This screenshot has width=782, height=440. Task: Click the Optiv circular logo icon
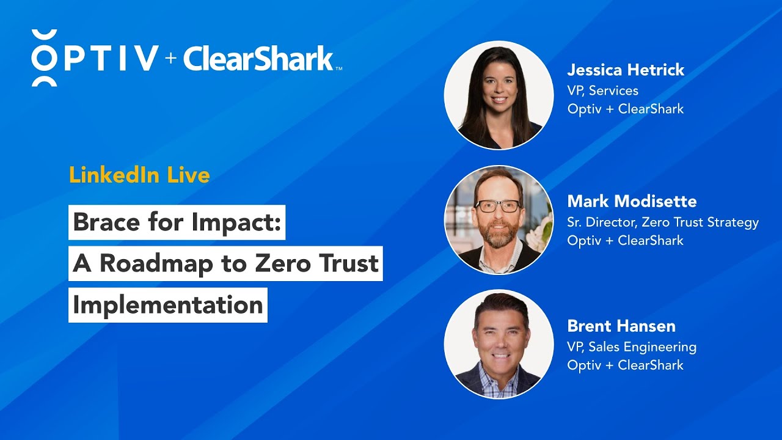pos(44,58)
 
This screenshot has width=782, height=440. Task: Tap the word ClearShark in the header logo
pos(258,59)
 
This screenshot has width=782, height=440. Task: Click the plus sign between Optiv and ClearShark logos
pos(170,58)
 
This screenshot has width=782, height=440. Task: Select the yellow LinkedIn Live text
pos(139,175)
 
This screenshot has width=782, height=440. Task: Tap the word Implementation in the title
pos(167,305)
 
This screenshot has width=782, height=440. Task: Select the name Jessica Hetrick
pos(626,70)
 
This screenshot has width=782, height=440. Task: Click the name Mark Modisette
pos(632,201)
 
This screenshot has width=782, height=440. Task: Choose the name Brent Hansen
pos(621,326)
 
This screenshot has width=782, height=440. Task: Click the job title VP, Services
pos(602,90)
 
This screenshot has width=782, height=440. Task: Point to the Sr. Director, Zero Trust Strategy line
pos(662,222)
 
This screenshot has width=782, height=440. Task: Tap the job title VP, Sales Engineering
pos(632,346)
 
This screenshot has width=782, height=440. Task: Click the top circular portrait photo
pos(499,95)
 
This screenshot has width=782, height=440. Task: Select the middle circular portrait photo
pos(499,219)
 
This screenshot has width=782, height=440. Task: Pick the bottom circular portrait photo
pos(499,344)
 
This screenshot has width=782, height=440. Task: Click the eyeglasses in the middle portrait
pos(498,207)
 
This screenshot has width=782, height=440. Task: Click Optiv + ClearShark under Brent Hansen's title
pos(625,365)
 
